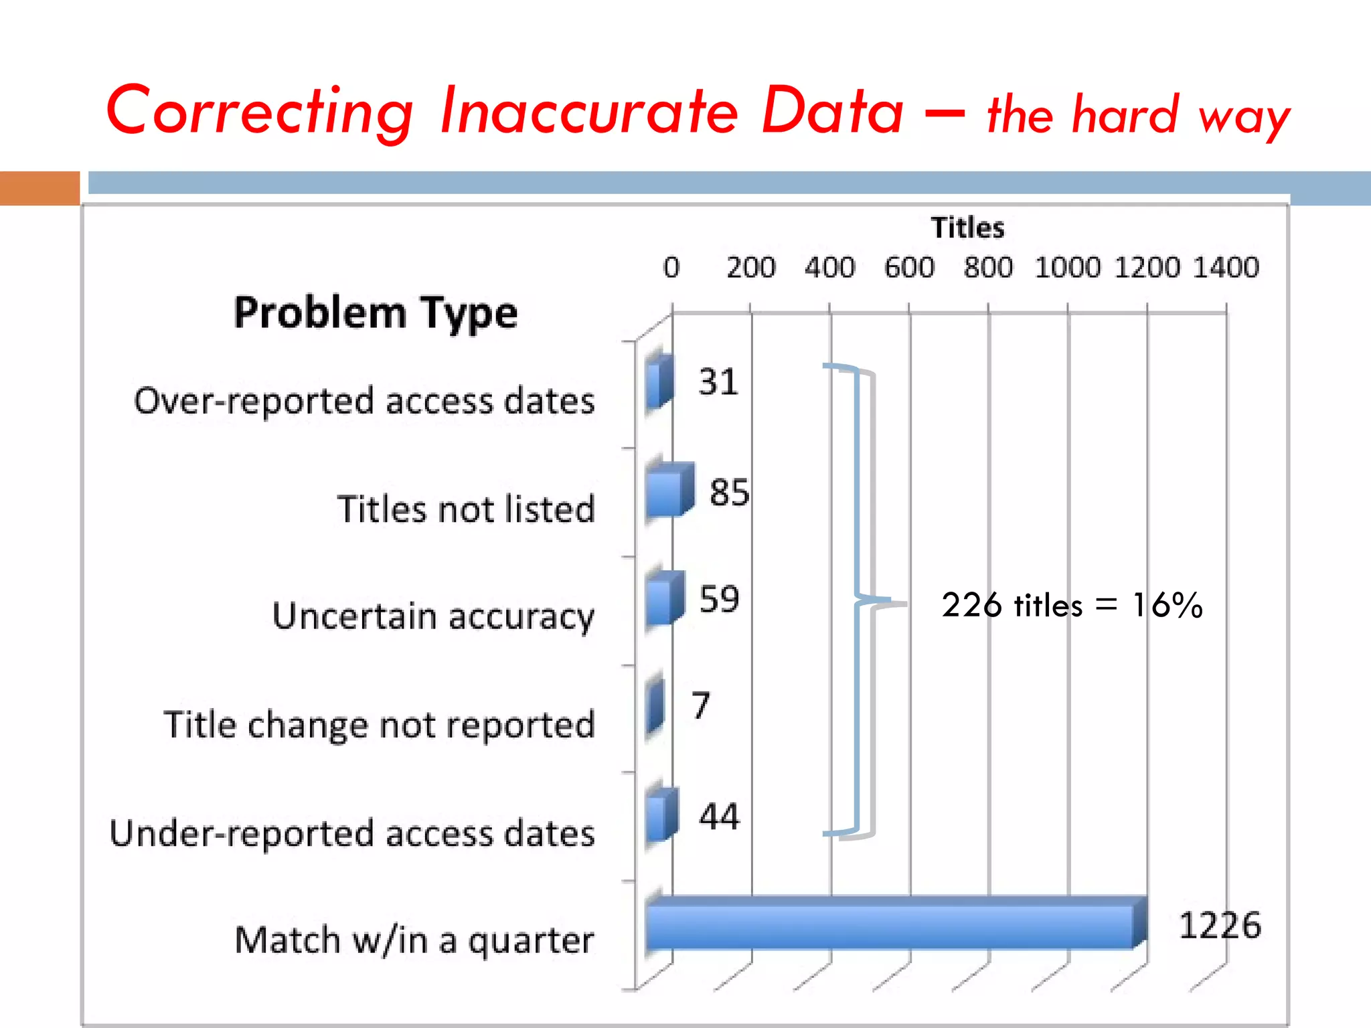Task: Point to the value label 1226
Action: [x=1219, y=926]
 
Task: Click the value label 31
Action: [x=718, y=382]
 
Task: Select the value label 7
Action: [x=700, y=705]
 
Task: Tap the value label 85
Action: [x=729, y=493]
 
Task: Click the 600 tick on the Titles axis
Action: [x=908, y=268]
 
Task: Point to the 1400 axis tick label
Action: [x=1225, y=268]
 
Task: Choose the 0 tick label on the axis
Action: [x=671, y=268]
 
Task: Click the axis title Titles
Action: [x=967, y=228]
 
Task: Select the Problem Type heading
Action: [x=376, y=313]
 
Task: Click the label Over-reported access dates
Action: [x=364, y=402]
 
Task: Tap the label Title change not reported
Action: [x=379, y=725]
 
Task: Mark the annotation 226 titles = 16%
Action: [x=1071, y=605]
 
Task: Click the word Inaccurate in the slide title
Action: [x=589, y=111]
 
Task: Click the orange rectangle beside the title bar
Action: [x=39, y=188]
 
